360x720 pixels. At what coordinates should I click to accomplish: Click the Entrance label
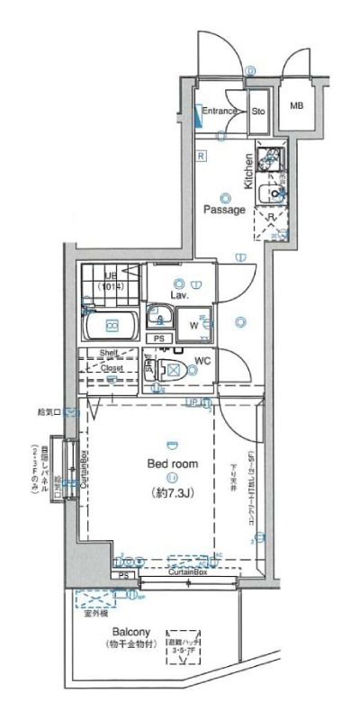click(219, 112)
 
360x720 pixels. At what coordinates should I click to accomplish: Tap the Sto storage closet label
click(257, 112)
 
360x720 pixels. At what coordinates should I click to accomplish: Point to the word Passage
click(223, 210)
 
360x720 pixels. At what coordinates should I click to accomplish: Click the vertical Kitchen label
click(248, 171)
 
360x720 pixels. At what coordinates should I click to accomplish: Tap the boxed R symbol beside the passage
click(202, 156)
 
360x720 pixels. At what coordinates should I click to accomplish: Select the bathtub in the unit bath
click(112, 325)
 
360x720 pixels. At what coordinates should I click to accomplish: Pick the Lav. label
click(178, 294)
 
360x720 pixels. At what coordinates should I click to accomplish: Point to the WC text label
click(202, 361)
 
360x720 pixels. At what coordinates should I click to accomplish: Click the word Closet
click(112, 368)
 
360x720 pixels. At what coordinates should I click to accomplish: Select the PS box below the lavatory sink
click(158, 338)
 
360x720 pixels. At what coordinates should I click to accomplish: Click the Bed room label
click(171, 463)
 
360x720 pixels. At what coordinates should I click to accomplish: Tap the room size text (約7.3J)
click(171, 492)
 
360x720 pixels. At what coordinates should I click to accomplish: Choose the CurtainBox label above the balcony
click(186, 571)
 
